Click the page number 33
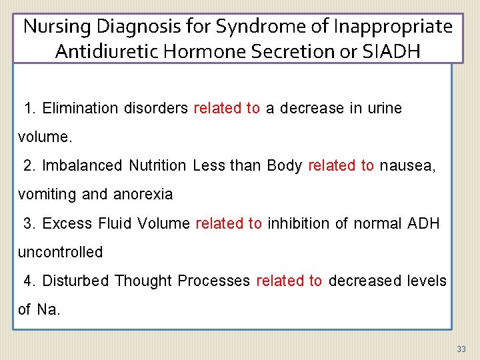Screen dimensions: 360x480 461,349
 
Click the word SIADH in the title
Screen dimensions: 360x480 394,51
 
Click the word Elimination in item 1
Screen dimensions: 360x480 81,108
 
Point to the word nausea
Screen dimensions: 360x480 407,165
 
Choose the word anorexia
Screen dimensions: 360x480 143,195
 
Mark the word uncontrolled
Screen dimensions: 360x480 60,252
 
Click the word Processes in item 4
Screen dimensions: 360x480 213,281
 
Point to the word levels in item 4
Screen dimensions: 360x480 426,281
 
